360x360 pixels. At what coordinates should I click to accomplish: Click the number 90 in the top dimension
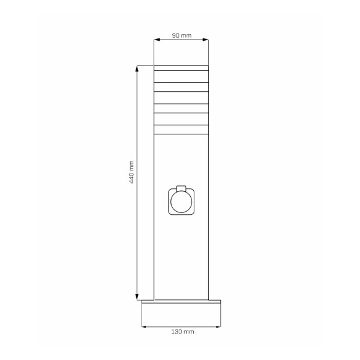pos(176,36)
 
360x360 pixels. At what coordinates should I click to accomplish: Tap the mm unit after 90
pos(187,36)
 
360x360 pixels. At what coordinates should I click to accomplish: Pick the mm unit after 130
pos(188,331)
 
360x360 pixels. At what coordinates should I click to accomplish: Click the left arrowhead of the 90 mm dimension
pos(155,40)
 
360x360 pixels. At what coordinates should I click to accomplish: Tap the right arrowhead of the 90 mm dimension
pos(207,40)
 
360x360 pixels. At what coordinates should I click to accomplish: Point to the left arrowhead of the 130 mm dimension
pos(143,326)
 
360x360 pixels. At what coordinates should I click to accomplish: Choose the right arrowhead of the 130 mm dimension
pos(218,326)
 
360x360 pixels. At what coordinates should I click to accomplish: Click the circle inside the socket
pos(181,202)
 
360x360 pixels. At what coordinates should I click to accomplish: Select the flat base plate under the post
pos(181,304)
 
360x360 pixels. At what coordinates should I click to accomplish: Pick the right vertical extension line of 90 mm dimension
pos(209,51)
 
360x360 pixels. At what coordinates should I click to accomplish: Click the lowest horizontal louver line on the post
pos(181,134)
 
